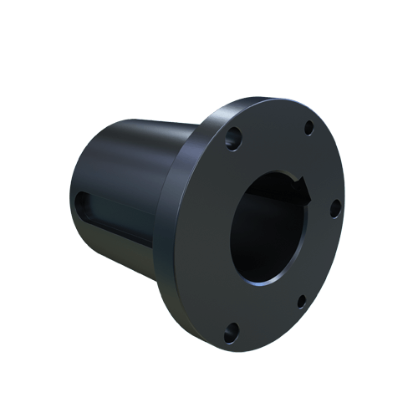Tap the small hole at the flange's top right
(308, 128)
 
